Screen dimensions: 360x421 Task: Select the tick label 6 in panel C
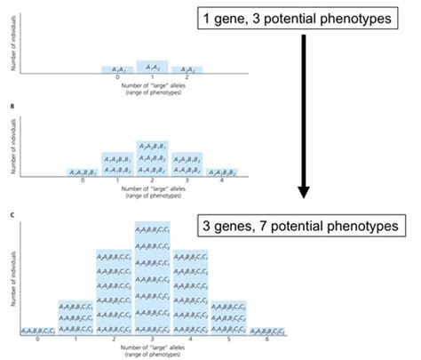click(266, 340)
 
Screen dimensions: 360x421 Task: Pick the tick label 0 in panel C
click(38, 340)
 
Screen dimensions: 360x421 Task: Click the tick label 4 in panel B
click(223, 180)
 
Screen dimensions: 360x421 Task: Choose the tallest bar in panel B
click(153, 157)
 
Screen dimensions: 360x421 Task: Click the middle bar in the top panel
click(152, 67)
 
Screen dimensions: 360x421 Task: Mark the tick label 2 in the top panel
click(187, 76)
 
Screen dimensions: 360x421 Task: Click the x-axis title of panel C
click(152, 350)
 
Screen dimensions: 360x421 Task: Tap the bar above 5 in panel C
click(228, 316)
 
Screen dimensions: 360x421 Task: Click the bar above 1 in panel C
click(76, 316)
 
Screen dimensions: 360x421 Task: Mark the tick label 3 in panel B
click(187, 180)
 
